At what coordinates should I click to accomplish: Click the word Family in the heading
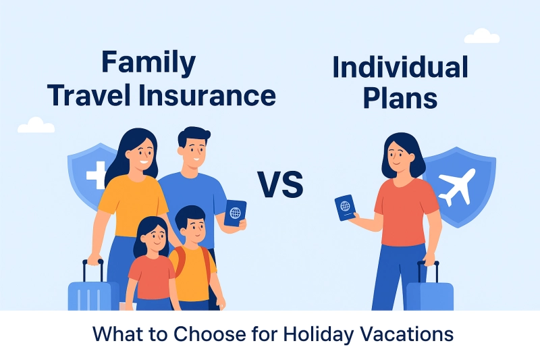tap(148, 63)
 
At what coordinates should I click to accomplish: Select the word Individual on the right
tap(400, 68)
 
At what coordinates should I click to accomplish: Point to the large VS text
tap(280, 183)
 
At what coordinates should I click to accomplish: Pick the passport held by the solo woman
tap(345, 207)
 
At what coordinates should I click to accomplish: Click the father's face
tap(193, 152)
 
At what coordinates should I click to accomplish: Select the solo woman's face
tap(398, 159)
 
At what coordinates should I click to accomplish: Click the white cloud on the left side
tap(36, 126)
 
